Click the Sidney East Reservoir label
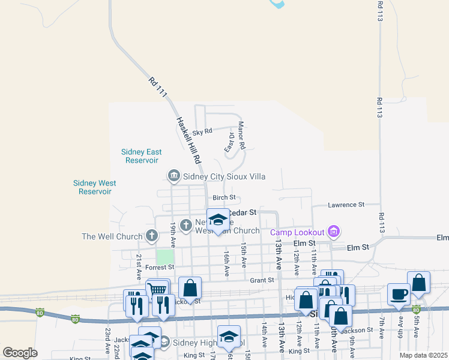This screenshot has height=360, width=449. [x=139, y=156]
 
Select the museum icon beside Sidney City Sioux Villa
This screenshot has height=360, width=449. [x=173, y=176]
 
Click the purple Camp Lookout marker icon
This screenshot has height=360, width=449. [x=334, y=232]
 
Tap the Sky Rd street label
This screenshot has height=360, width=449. [x=202, y=131]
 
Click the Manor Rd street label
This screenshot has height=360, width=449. [x=242, y=136]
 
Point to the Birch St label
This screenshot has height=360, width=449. [x=224, y=198]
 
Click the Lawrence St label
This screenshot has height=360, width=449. [x=346, y=205]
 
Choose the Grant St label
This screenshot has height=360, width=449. [x=262, y=280]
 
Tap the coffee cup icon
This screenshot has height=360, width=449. [x=399, y=294]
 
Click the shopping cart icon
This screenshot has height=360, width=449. [x=158, y=290]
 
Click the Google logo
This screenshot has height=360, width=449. [x=20, y=353]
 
